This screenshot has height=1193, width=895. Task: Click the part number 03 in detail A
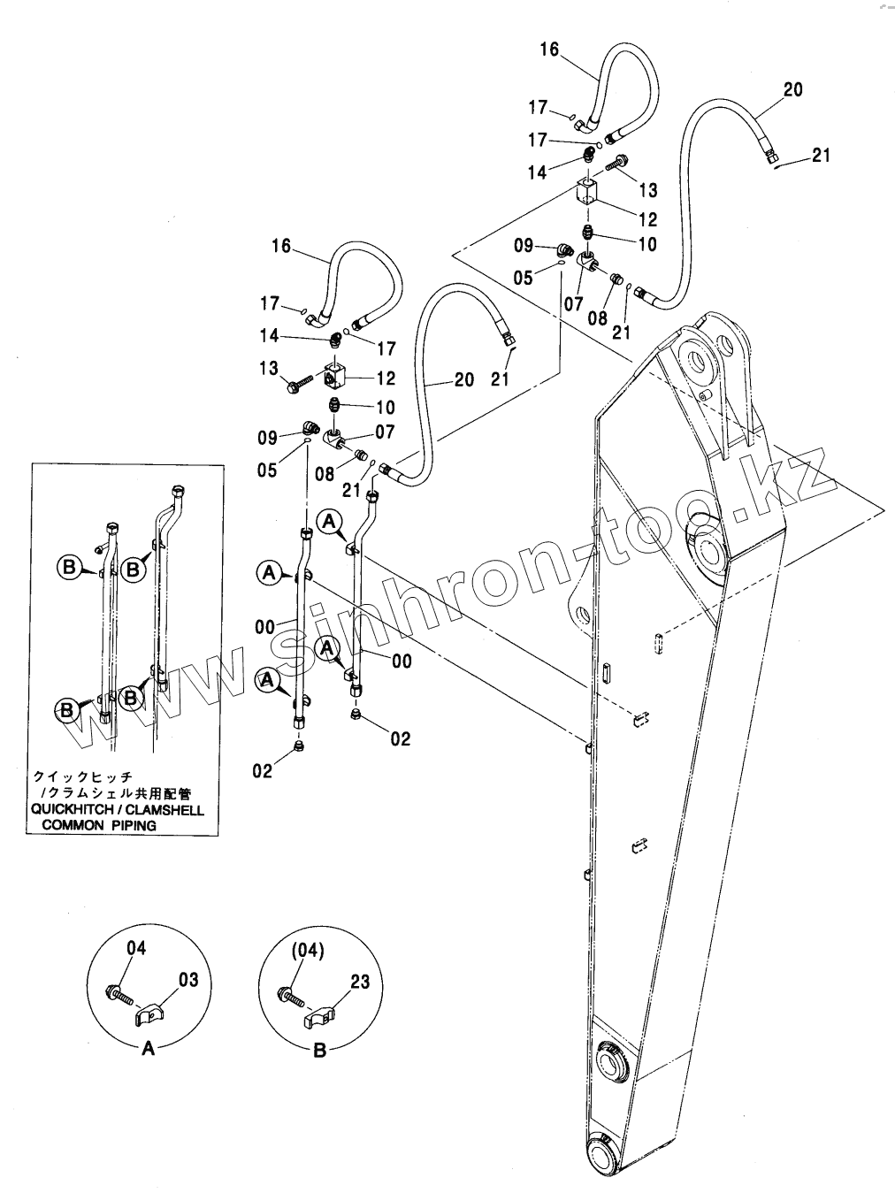click(188, 979)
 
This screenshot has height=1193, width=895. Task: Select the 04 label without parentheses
click(136, 948)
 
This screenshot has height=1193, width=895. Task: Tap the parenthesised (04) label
click(308, 951)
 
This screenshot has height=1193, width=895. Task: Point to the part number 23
click(360, 982)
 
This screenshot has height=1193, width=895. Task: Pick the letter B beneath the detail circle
click(320, 1050)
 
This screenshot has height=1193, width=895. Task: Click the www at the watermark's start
click(142, 699)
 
